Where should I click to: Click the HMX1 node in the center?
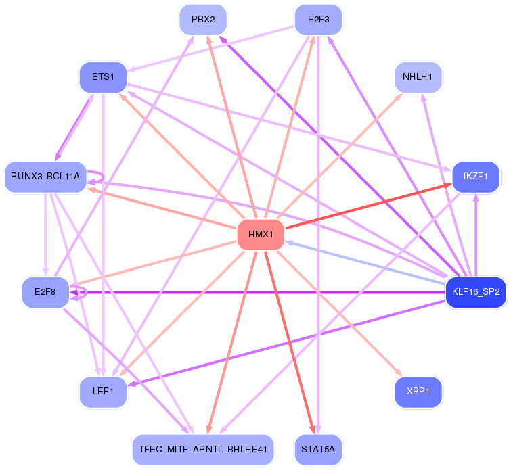click(261, 235)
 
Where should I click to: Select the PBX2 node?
click(203, 20)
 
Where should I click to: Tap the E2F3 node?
click(318, 20)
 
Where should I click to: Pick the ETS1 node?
click(103, 77)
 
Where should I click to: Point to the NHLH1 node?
click(418, 77)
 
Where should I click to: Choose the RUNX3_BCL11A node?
click(45, 177)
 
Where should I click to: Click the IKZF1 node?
click(476, 177)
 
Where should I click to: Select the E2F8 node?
click(45, 292)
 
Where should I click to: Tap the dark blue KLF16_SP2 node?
click(476, 292)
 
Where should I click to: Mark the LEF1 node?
click(103, 392)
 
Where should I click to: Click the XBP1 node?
click(418, 392)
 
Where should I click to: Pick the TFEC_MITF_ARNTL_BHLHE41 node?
click(203, 450)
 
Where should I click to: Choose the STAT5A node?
click(318, 450)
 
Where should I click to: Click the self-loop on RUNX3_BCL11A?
click(104, 177)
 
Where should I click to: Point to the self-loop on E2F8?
click(86, 292)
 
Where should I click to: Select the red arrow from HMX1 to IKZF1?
click(369, 206)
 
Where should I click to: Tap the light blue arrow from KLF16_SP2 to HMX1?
click(365, 263)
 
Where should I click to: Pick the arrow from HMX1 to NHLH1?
click(339, 156)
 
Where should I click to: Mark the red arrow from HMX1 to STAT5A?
click(290, 342)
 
